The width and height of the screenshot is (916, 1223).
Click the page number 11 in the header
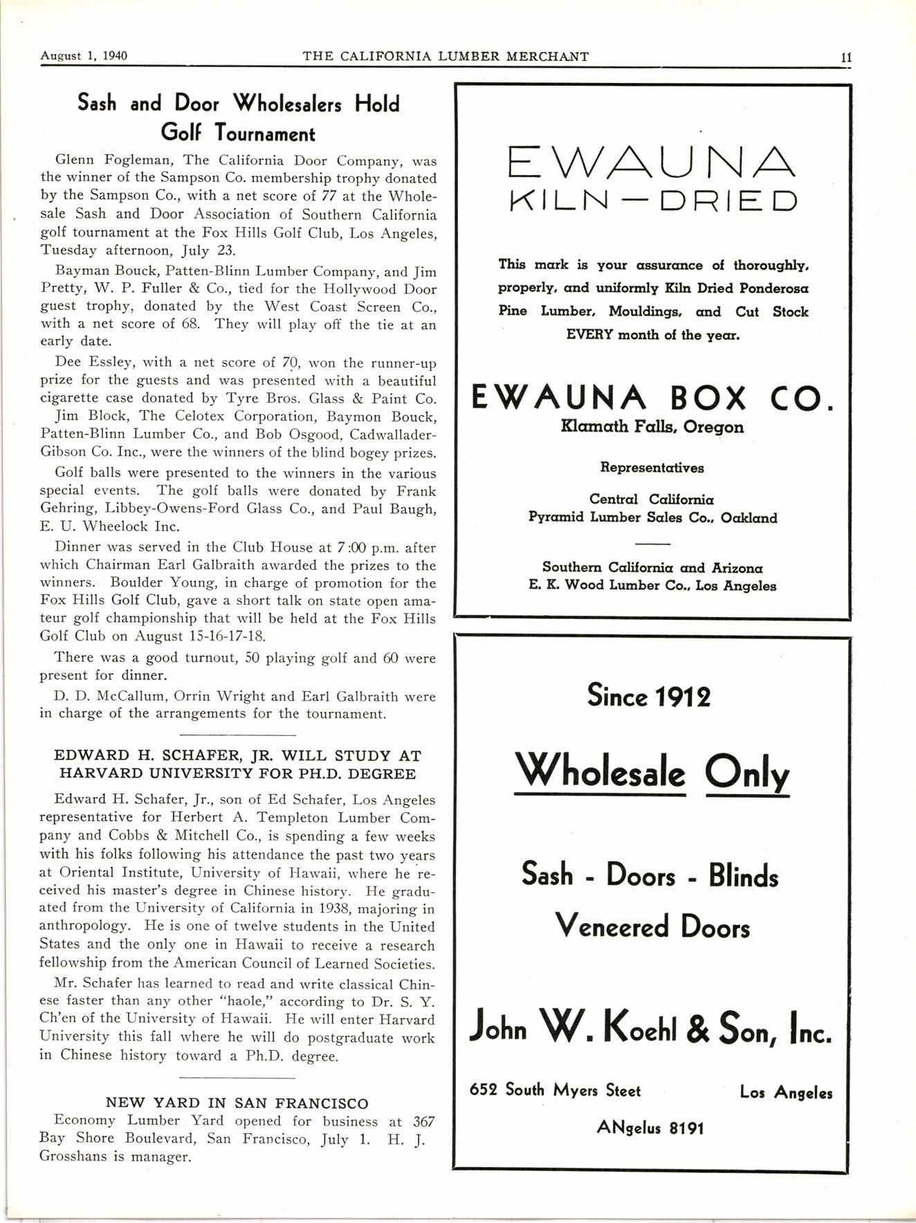tap(845, 57)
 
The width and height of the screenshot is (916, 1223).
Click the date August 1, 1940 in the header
tap(84, 56)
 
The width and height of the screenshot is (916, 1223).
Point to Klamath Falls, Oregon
tap(652, 427)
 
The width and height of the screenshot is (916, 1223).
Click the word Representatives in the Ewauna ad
tap(652, 468)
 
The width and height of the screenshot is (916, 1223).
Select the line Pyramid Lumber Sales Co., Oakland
tap(652, 517)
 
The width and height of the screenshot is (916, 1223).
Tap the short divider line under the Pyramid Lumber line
tap(652, 542)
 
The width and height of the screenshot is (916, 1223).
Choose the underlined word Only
tap(747, 774)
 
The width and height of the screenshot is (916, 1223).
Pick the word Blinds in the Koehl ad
tap(743, 876)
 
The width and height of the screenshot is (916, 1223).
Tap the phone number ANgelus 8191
tap(650, 1128)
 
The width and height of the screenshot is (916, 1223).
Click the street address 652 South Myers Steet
tap(555, 1090)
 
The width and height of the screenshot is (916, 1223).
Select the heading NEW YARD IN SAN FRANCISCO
tap(237, 1103)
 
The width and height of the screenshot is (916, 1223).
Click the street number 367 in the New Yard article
tap(423, 1121)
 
